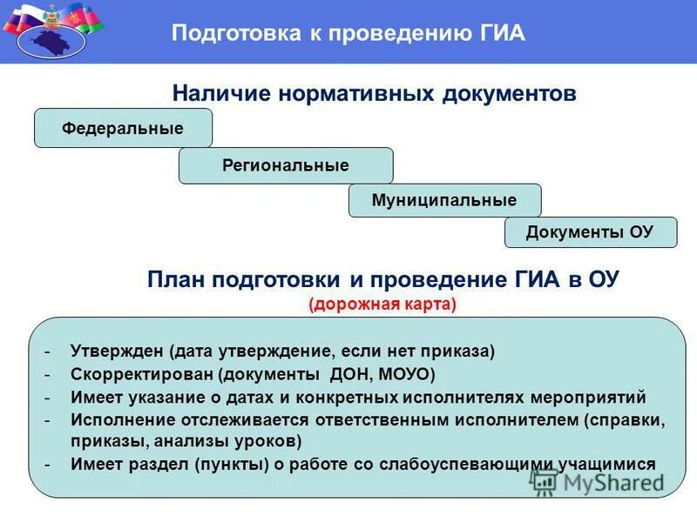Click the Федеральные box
(123, 129)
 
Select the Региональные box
(286, 165)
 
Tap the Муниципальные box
(444, 200)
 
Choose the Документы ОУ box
(590, 232)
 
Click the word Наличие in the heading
(221, 93)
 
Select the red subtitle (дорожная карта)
(382, 304)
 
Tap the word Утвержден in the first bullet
(118, 351)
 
